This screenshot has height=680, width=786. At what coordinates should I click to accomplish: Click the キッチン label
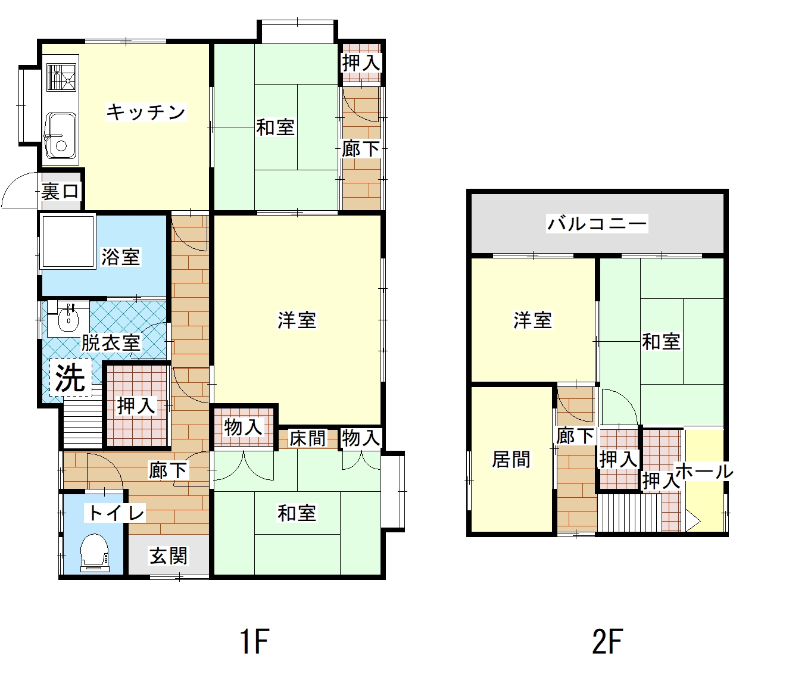[146, 112]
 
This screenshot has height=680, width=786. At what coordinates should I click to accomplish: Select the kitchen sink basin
[61, 135]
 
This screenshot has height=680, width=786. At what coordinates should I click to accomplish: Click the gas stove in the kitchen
[61, 77]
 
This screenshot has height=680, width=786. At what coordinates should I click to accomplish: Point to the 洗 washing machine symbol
[71, 378]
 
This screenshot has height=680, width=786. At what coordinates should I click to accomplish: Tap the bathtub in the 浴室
[68, 242]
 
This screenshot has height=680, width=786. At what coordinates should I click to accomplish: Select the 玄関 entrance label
[168, 556]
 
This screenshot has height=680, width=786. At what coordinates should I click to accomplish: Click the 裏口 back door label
[60, 191]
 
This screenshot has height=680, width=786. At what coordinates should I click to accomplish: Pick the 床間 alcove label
[307, 438]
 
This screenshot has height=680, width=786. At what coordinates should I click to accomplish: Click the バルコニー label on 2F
[597, 223]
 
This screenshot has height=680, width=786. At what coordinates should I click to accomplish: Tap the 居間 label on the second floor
[511, 459]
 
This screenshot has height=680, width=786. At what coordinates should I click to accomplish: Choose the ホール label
[704, 472]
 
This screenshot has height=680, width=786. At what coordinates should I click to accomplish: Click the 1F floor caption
[255, 641]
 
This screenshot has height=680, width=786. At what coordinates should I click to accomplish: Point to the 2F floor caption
[607, 641]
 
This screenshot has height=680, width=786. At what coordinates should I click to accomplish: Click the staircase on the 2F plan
[629, 513]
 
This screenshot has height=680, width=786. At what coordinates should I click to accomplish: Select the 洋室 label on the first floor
[297, 320]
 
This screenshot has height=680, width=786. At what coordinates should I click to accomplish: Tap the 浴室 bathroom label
[120, 257]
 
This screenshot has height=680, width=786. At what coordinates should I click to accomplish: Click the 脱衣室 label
[111, 342]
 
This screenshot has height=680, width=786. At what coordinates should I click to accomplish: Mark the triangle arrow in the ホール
[692, 522]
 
